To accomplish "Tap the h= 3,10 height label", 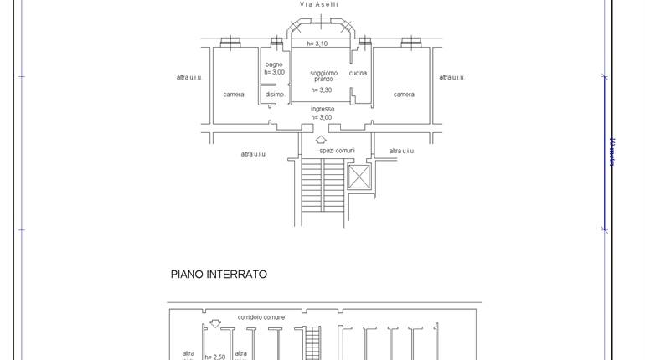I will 317,44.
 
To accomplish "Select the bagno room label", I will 274,64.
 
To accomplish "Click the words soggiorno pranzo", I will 322,75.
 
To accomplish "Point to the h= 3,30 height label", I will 322,90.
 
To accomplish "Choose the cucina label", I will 358,73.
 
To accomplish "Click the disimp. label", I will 275,95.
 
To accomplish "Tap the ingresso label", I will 322,109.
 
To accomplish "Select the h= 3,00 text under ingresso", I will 322,117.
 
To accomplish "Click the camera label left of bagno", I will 234,95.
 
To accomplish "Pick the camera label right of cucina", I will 404,95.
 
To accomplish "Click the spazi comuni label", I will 337,151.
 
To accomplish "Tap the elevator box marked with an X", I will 359,177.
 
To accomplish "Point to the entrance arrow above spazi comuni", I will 321,140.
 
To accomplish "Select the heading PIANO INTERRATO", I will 219,275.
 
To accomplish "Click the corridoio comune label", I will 261,317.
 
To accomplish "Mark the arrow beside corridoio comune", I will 215,323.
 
